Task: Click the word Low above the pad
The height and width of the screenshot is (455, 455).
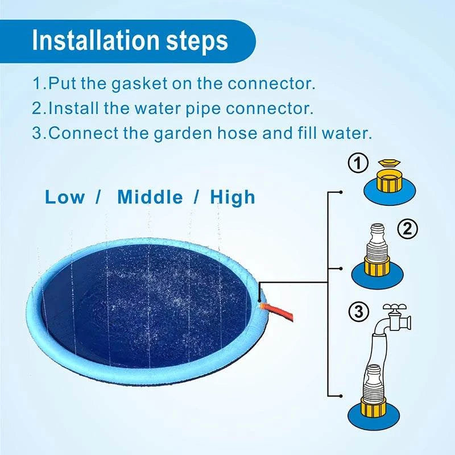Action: point(65,197)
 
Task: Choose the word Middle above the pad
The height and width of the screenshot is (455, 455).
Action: point(150,197)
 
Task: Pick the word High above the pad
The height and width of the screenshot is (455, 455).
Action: point(233,197)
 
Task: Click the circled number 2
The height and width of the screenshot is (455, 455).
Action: point(407,229)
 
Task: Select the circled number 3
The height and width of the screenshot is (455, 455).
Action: point(358,312)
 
